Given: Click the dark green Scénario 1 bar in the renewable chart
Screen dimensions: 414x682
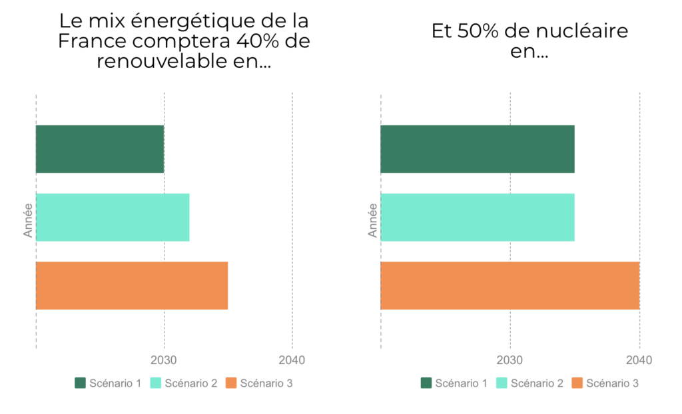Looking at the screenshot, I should click(x=100, y=149).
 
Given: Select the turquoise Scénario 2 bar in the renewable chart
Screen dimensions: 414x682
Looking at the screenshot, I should click(x=113, y=217).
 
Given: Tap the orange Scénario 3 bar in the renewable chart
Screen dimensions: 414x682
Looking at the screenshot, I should click(x=132, y=286).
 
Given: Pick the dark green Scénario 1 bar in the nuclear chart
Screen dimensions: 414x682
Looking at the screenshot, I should click(x=477, y=149).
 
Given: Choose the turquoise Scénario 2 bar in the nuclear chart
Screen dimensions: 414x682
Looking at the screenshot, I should click(x=477, y=217).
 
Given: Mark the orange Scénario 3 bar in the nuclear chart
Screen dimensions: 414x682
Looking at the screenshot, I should click(x=510, y=286).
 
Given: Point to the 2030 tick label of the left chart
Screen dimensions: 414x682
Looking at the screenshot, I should click(x=164, y=360).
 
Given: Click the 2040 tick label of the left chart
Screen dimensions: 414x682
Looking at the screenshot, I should click(x=292, y=360).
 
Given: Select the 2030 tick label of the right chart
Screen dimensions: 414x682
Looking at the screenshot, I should click(x=510, y=360).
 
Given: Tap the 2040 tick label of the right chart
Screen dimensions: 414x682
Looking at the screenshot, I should click(x=639, y=360).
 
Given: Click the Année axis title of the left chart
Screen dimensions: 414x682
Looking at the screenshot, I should click(x=28, y=220).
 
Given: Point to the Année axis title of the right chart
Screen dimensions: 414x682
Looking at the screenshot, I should click(x=373, y=220).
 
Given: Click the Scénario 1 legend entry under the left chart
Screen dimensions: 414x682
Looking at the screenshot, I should click(x=108, y=383).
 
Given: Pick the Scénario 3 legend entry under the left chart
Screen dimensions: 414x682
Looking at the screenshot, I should click(x=259, y=383).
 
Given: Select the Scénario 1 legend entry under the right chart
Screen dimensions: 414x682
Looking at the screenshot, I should click(x=454, y=383).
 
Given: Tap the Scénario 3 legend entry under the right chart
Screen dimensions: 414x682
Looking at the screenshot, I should click(x=605, y=383).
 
